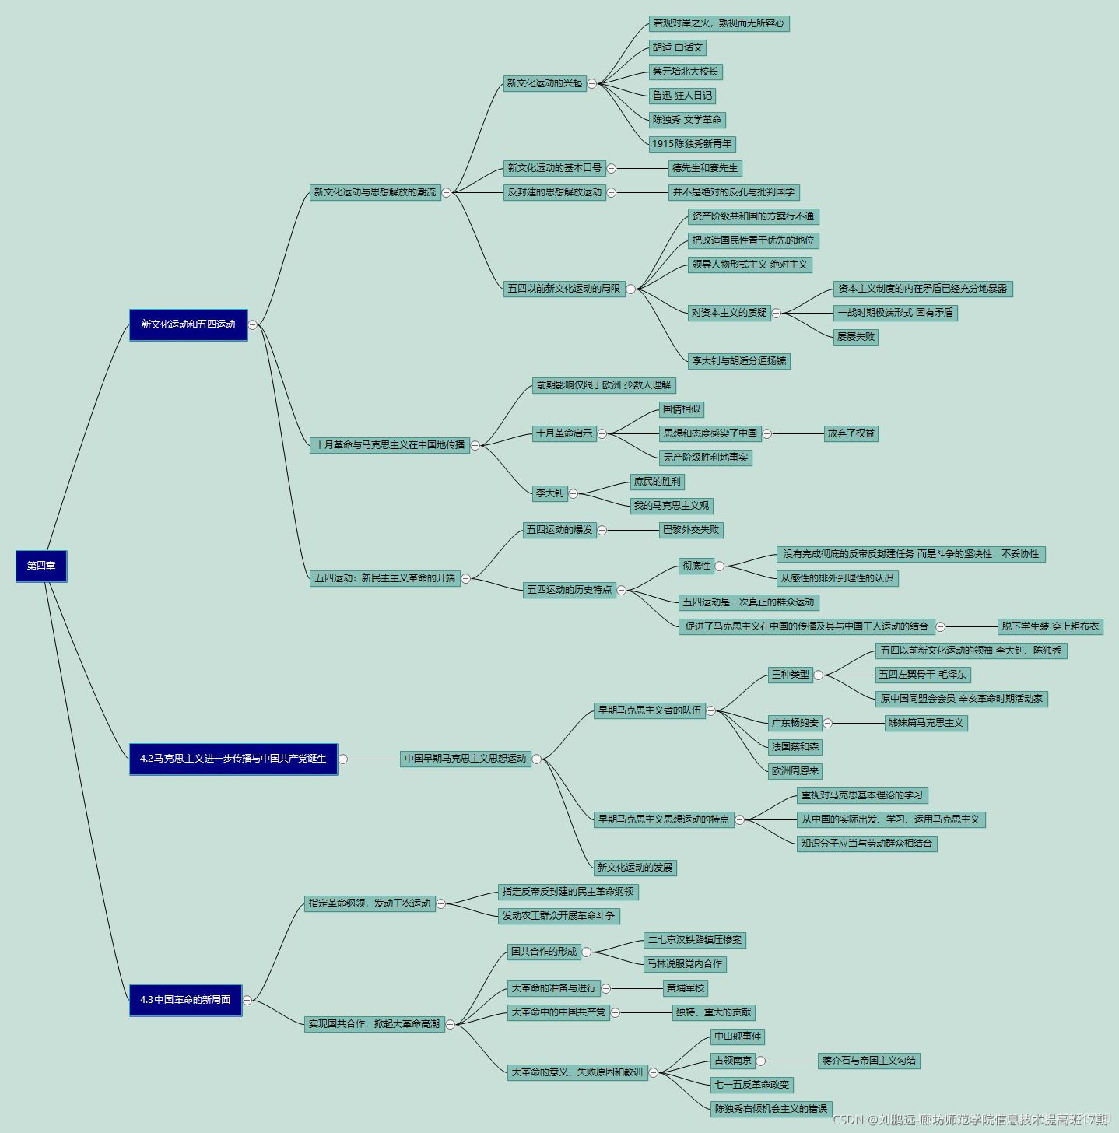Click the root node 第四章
tap(41, 566)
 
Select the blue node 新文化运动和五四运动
tap(188, 324)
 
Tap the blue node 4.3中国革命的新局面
tap(185, 1000)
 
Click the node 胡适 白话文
tap(678, 47)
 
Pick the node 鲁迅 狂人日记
tap(682, 96)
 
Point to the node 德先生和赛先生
tap(705, 168)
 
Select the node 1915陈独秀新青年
tap(692, 144)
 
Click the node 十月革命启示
tap(564, 433)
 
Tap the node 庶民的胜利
tap(657, 482)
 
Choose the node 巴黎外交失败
tap(691, 530)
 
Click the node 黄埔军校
tap(685, 988)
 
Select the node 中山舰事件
tap(738, 1037)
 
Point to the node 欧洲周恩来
tap(795, 771)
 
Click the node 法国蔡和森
tap(795, 747)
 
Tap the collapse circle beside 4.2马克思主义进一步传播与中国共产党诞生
tap(343, 759)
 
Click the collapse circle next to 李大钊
tap(574, 493)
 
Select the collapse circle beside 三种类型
tap(819, 675)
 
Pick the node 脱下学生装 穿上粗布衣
tap(1051, 626)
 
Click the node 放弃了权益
tap(851, 433)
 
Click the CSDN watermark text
tap(970, 1120)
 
